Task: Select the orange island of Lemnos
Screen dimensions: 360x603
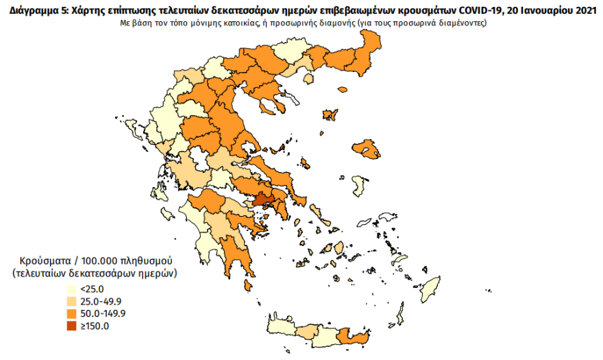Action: [330, 115]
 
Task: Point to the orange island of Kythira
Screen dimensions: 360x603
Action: [248, 285]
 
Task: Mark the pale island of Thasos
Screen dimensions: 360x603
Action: [308, 79]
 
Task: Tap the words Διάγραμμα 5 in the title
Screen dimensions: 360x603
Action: [31, 9]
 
